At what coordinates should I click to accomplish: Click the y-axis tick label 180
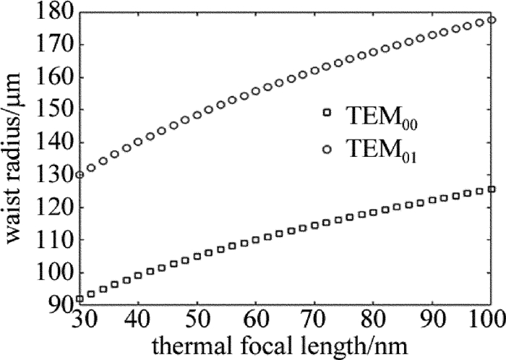[54, 12]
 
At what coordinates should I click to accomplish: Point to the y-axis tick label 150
[54, 110]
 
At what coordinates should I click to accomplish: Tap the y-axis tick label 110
[54, 240]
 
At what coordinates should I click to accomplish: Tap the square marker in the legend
[327, 113]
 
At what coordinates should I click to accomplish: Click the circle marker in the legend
[327, 149]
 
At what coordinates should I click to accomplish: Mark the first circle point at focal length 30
[80, 174]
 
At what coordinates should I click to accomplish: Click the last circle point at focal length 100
[492, 20]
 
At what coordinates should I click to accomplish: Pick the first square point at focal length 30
[80, 298]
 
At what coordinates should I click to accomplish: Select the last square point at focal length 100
[492, 189]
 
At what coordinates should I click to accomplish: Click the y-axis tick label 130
[54, 175]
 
